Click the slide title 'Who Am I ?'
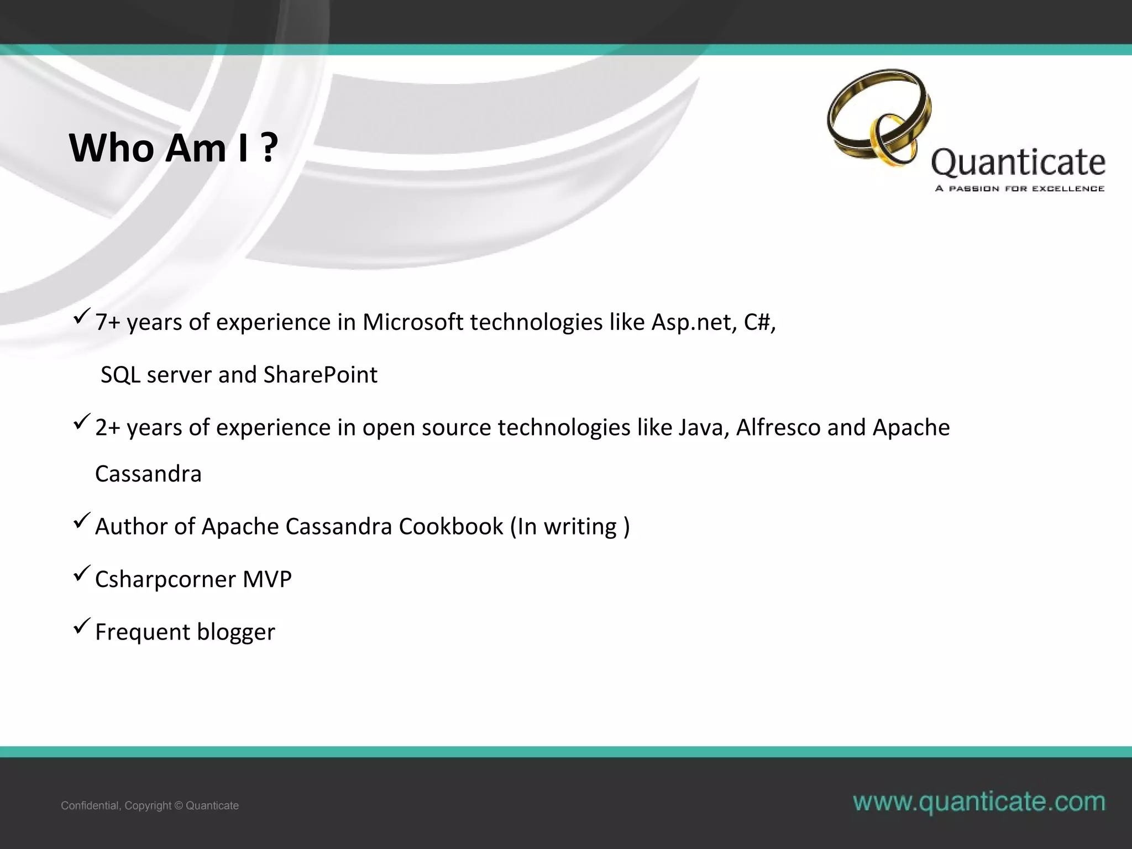click(x=173, y=148)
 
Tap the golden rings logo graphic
click(x=879, y=118)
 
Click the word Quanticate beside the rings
click(x=1018, y=163)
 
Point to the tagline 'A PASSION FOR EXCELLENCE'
click(x=1019, y=189)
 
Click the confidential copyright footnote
click(x=150, y=805)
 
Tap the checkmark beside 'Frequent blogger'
click(x=82, y=626)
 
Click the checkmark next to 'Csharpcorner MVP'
click(x=82, y=574)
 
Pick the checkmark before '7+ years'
click(x=82, y=317)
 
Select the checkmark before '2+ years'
click(x=82, y=422)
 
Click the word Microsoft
click(x=412, y=322)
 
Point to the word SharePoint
click(x=320, y=375)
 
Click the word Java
click(x=703, y=428)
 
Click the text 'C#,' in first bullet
click(x=759, y=322)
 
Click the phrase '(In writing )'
click(x=570, y=527)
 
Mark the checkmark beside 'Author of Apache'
click(x=82, y=521)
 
